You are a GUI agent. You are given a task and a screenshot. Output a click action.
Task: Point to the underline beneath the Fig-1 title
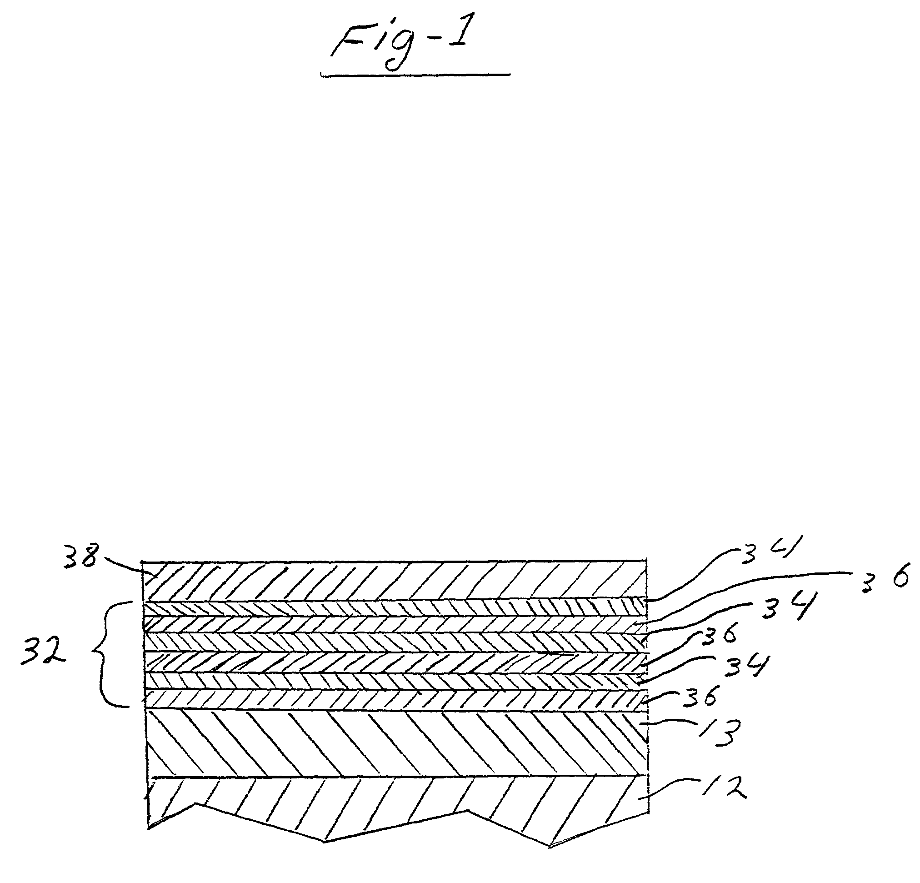[x=415, y=75]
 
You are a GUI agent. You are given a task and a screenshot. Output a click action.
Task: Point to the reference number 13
[x=720, y=733]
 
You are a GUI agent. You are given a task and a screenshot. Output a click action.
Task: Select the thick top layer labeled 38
[x=394, y=581]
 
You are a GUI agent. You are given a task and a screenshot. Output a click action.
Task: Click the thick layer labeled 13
[x=394, y=743]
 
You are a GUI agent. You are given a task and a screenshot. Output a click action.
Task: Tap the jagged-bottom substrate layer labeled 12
[x=394, y=803]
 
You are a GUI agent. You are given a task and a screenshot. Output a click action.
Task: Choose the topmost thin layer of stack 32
[x=394, y=609]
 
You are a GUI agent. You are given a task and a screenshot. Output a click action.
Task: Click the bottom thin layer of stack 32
[x=394, y=699]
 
